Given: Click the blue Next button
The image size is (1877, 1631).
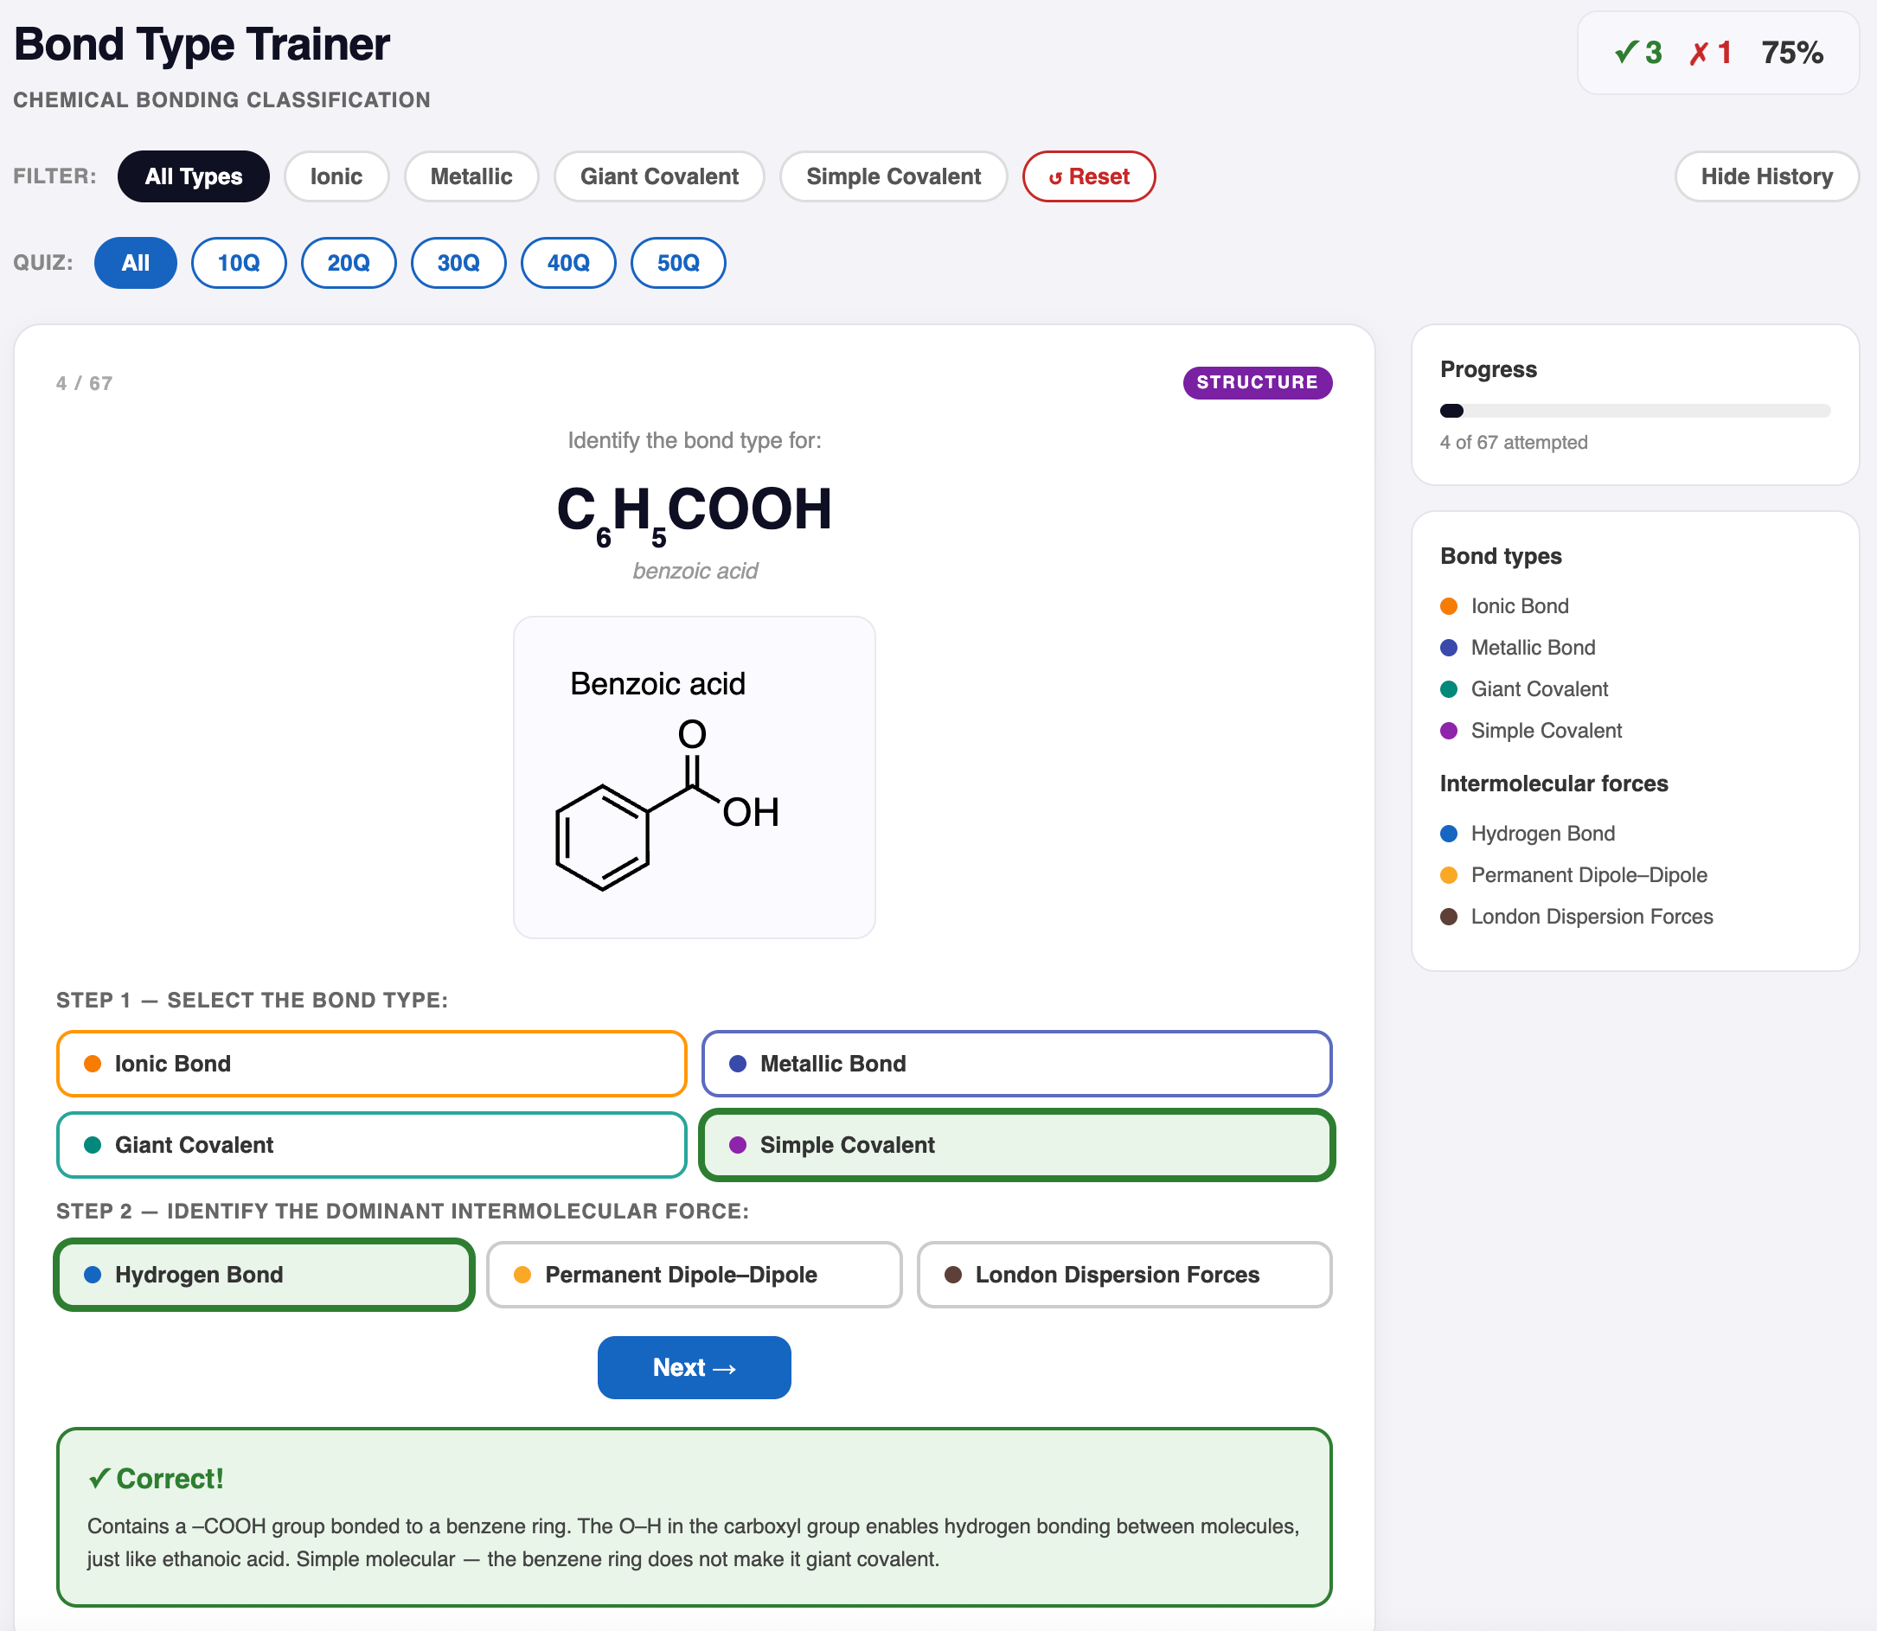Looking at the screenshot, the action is [x=694, y=1367].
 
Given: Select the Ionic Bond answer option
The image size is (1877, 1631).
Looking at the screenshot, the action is [x=371, y=1063].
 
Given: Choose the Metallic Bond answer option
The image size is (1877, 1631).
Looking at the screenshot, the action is [x=1017, y=1063].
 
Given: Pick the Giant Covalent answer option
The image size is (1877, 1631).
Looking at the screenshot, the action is [x=371, y=1145].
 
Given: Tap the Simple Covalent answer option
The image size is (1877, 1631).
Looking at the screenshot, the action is [x=1017, y=1145].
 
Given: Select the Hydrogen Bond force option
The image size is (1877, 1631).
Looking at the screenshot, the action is [x=264, y=1274].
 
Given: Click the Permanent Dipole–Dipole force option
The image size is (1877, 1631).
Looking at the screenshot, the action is [x=694, y=1274].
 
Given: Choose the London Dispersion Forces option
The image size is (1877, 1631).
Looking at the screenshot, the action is [x=1124, y=1274].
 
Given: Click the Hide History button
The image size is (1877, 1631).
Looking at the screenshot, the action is [x=1766, y=176].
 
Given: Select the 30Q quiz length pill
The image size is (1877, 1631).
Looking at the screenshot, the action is [x=458, y=263].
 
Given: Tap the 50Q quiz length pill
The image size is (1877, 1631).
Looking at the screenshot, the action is [x=678, y=263].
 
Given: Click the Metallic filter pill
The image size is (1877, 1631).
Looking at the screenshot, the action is [x=471, y=176].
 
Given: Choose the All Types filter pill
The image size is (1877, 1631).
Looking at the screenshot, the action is [x=193, y=176].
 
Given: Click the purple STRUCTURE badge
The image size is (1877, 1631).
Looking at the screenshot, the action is [x=1257, y=382].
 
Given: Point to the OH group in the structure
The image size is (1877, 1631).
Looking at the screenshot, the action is [x=751, y=812].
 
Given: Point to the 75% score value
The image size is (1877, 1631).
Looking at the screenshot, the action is [x=1791, y=53].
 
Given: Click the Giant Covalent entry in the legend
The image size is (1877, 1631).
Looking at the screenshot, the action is [x=1539, y=689].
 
